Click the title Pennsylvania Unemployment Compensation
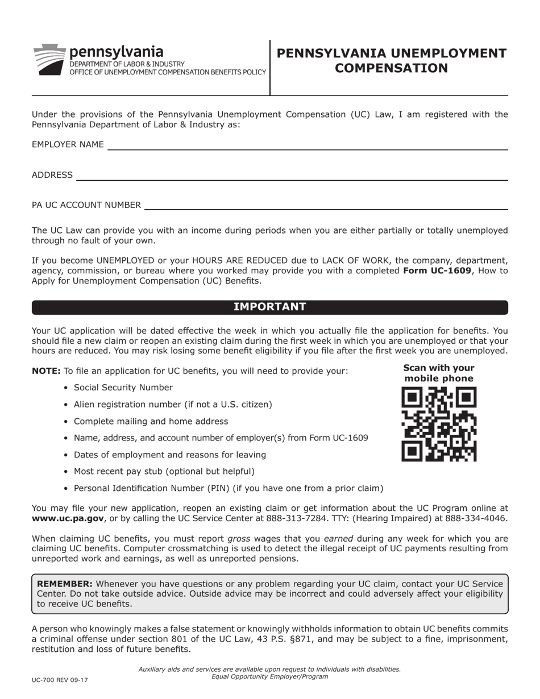click(x=391, y=61)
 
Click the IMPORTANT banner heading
click(x=269, y=307)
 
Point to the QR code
click(x=438, y=424)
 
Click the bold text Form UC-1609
click(x=437, y=271)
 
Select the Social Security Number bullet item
click(x=123, y=388)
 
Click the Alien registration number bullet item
click(x=173, y=405)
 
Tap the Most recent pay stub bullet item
click(x=164, y=471)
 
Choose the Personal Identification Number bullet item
click(x=228, y=488)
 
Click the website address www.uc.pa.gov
click(x=68, y=518)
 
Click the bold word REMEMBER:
click(x=65, y=584)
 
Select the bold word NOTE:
click(x=46, y=371)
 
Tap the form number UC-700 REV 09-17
click(x=60, y=680)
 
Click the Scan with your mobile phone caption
click(x=438, y=373)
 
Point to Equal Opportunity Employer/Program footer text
click(x=269, y=676)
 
